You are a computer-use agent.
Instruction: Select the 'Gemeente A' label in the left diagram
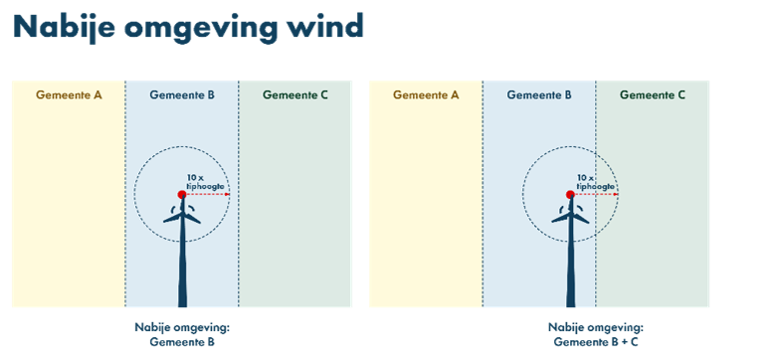[x=69, y=95]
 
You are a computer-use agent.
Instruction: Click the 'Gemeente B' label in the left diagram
[x=182, y=95]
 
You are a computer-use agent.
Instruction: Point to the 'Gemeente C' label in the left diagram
[x=294, y=95]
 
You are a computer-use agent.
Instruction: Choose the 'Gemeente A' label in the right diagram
[x=426, y=95]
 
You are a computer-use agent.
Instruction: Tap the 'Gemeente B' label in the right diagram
[x=539, y=95]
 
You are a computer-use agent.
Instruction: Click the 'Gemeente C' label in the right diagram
[x=653, y=95]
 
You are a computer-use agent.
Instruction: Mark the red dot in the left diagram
[x=182, y=195]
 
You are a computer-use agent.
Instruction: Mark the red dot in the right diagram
[x=570, y=195]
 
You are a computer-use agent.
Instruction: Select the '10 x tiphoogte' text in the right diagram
[x=596, y=182]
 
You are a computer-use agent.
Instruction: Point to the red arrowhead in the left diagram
[x=228, y=195]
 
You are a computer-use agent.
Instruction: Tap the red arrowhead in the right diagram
[x=616, y=195]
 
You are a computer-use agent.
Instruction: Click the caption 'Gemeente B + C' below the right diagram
[x=596, y=342]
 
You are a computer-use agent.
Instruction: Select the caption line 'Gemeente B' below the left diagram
[x=182, y=342]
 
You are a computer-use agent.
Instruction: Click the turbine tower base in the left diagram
[x=182, y=302]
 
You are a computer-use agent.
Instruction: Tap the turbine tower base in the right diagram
[x=571, y=302]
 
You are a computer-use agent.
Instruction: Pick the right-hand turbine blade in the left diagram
[x=192, y=218]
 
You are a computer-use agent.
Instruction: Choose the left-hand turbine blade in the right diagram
[x=560, y=218]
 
